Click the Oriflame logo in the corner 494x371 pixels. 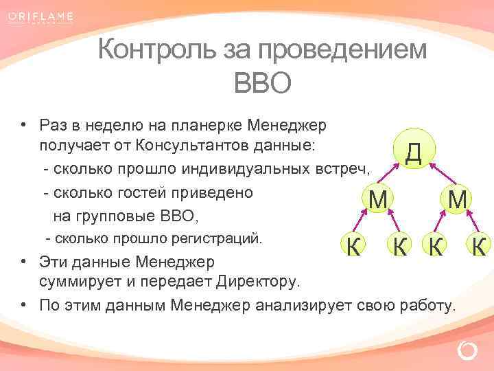tap(42, 17)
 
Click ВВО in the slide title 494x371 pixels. tap(263, 84)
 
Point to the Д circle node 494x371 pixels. tap(413, 152)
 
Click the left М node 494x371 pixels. tap(377, 199)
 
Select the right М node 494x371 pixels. tap(458, 199)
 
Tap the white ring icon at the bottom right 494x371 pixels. tap(467, 352)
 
